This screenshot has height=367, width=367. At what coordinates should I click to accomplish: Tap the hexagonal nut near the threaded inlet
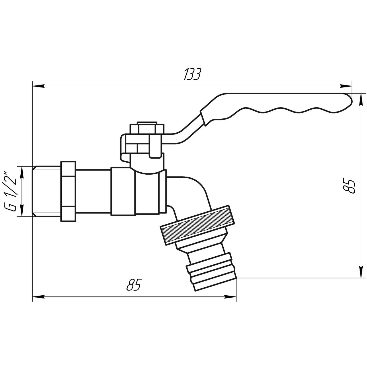(68, 191)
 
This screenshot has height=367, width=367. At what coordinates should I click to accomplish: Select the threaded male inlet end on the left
(46, 191)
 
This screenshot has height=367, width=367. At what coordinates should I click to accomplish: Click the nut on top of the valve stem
(147, 128)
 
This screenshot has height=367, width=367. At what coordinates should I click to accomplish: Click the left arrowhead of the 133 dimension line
(37, 86)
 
